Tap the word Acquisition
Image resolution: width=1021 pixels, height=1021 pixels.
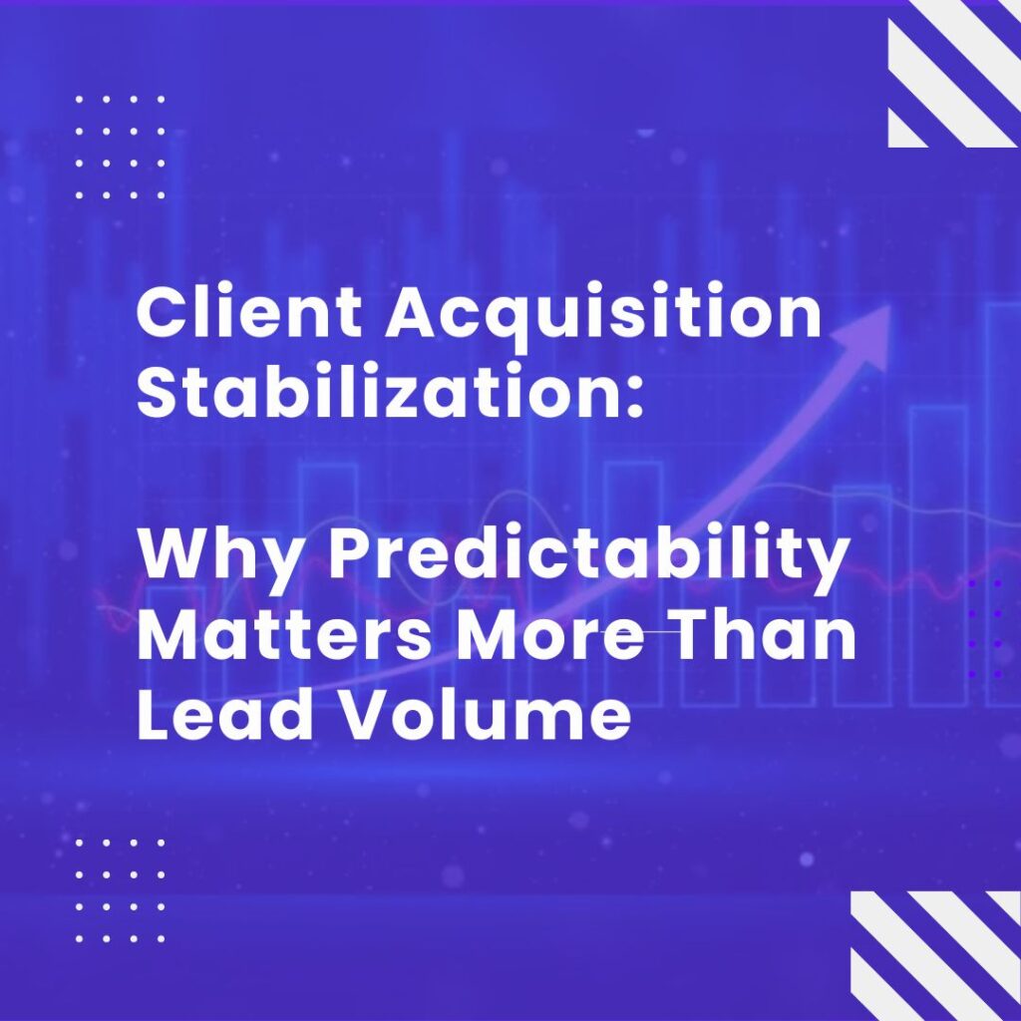tap(603, 319)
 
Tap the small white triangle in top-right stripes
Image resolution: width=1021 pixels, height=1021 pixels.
tap(907, 128)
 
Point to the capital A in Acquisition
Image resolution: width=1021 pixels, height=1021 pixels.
tap(414, 315)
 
